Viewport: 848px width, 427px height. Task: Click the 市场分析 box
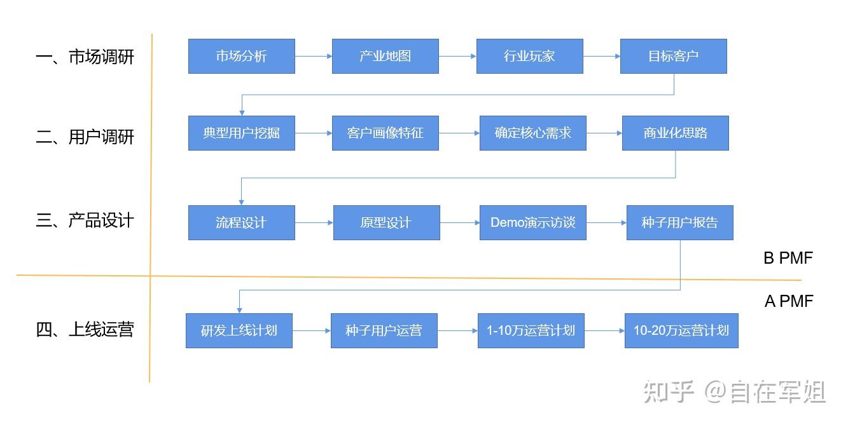(x=241, y=56)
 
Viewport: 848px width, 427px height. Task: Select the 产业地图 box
(x=385, y=56)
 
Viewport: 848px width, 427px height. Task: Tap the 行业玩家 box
(x=529, y=56)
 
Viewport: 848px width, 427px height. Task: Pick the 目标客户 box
(x=673, y=56)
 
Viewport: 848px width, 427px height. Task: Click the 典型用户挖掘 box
(x=241, y=133)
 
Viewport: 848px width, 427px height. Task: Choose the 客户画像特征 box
(x=385, y=133)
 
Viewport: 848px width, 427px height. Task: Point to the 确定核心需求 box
(x=532, y=133)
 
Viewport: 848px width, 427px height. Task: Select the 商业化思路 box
(x=675, y=133)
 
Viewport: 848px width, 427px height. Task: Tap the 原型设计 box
(x=386, y=222)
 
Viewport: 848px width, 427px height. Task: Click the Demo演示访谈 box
(x=532, y=222)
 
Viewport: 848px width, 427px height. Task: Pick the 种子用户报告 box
(x=679, y=222)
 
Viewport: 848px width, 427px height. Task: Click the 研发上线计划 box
(x=239, y=330)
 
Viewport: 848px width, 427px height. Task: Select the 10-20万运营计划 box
(x=681, y=330)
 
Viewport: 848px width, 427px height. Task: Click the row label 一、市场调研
(x=85, y=57)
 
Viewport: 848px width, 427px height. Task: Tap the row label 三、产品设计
(x=85, y=220)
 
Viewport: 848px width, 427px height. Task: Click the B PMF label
(x=788, y=258)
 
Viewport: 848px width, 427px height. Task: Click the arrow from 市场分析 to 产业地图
(x=313, y=56)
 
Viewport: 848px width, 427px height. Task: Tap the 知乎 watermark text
(x=667, y=391)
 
